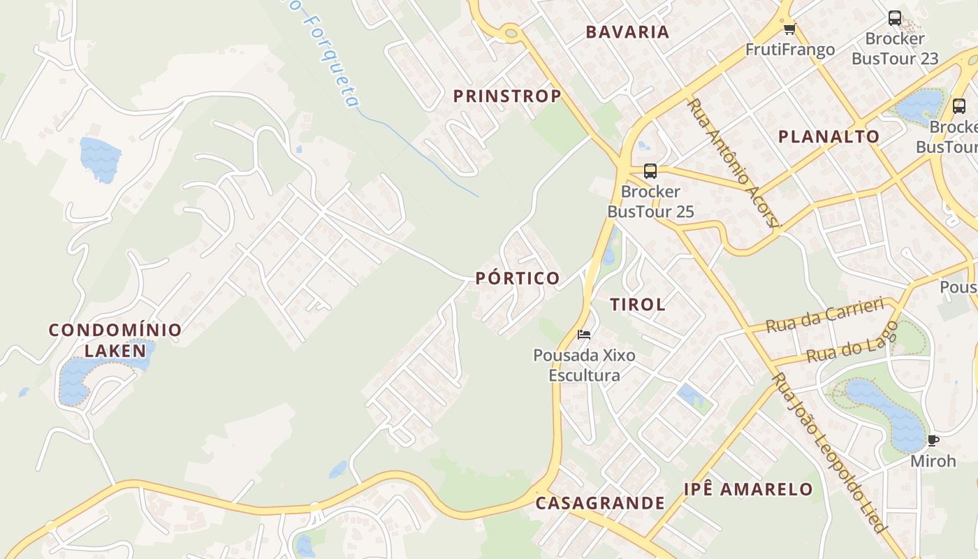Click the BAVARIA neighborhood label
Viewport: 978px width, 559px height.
627,31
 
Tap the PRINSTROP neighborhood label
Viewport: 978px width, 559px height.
507,96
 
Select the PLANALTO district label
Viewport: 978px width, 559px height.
829,136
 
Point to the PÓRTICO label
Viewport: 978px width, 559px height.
518,278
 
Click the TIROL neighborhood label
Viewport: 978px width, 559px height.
638,304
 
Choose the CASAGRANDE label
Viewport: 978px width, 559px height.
600,502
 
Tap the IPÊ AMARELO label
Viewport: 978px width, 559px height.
748,489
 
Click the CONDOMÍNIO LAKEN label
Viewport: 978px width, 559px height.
115,340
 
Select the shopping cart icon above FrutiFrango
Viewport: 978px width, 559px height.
789,29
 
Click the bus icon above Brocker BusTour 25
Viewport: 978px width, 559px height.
650,170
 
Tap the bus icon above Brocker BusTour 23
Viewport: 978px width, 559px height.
894,18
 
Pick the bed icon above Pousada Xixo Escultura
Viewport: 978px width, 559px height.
584,335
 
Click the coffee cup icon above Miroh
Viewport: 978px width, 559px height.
933,440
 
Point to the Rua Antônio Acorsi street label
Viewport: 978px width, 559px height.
733,162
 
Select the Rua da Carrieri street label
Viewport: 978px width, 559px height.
825,315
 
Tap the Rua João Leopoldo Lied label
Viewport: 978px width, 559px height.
829,453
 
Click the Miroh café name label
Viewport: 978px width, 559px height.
933,461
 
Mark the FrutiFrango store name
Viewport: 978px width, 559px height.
790,50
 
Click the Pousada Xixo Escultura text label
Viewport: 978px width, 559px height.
584,365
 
